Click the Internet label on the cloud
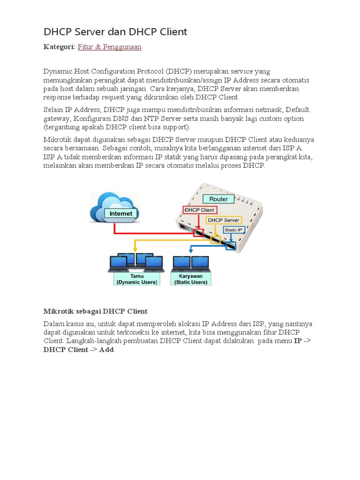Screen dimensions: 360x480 click(x=121, y=213)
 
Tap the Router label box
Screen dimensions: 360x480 click(x=218, y=199)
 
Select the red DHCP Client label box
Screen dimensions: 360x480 click(x=199, y=210)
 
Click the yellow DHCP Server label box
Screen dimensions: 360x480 click(x=224, y=220)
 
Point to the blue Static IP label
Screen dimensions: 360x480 click(x=233, y=230)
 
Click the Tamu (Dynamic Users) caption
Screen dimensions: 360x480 click(x=136, y=279)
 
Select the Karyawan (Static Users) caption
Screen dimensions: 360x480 click(x=191, y=279)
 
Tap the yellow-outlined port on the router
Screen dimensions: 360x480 click(x=215, y=240)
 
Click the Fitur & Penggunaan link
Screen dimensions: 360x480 click(x=109, y=47)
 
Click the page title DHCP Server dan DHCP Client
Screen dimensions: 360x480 click(x=115, y=32)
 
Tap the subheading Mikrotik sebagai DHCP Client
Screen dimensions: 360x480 click(x=96, y=311)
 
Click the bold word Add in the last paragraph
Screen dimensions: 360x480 click(x=106, y=350)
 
